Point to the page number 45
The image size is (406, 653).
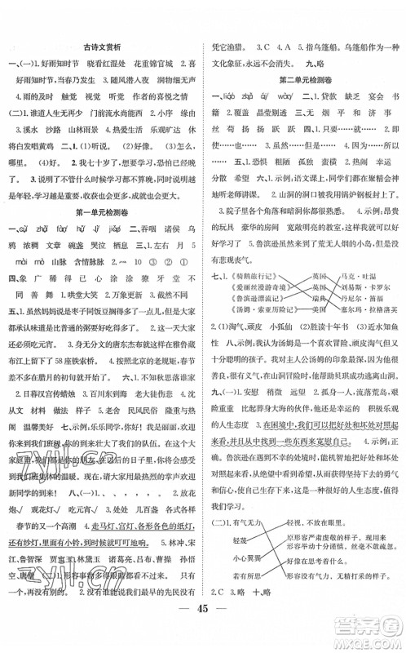pos(202,630)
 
